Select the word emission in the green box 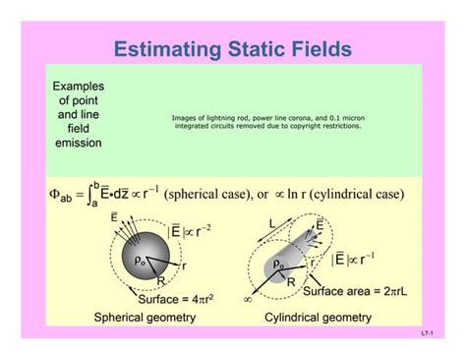[x=78, y=143]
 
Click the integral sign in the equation [x=89, y=195]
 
